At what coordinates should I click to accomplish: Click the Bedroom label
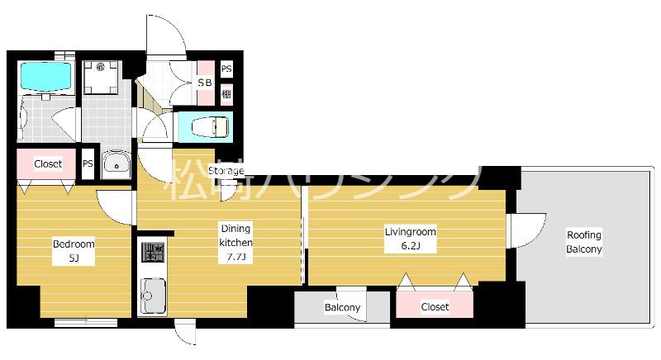pyautogui.click(x=74, y=244)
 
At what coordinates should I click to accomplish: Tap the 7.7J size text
pyautogui.click(x=235, y=257)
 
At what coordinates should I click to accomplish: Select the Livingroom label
pyautogui.click(x=410, y=231)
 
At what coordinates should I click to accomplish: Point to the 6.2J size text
pyautogui.click(x=410, y=245)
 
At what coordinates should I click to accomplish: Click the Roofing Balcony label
pyautogui.click(x=584, y=242)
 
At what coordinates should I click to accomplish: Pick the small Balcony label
pyautogui.click(x=342, y=307)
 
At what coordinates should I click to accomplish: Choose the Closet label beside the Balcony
pyautogui.click(x=435, y=306)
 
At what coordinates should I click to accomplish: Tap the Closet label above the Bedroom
pyautogui.click(x=48, y=163)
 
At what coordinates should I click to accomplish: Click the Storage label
pyautogui.click(x=226, y=171)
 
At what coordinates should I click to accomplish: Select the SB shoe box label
pyautogui.click(x=204, y=83)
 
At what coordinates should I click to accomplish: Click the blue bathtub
pyautogui.click(x=45, y=77)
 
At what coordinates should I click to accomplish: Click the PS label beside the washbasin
pyautogui.click(x=88, y=163)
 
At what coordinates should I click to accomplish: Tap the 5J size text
pyautogui.click(x=74, y=258)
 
